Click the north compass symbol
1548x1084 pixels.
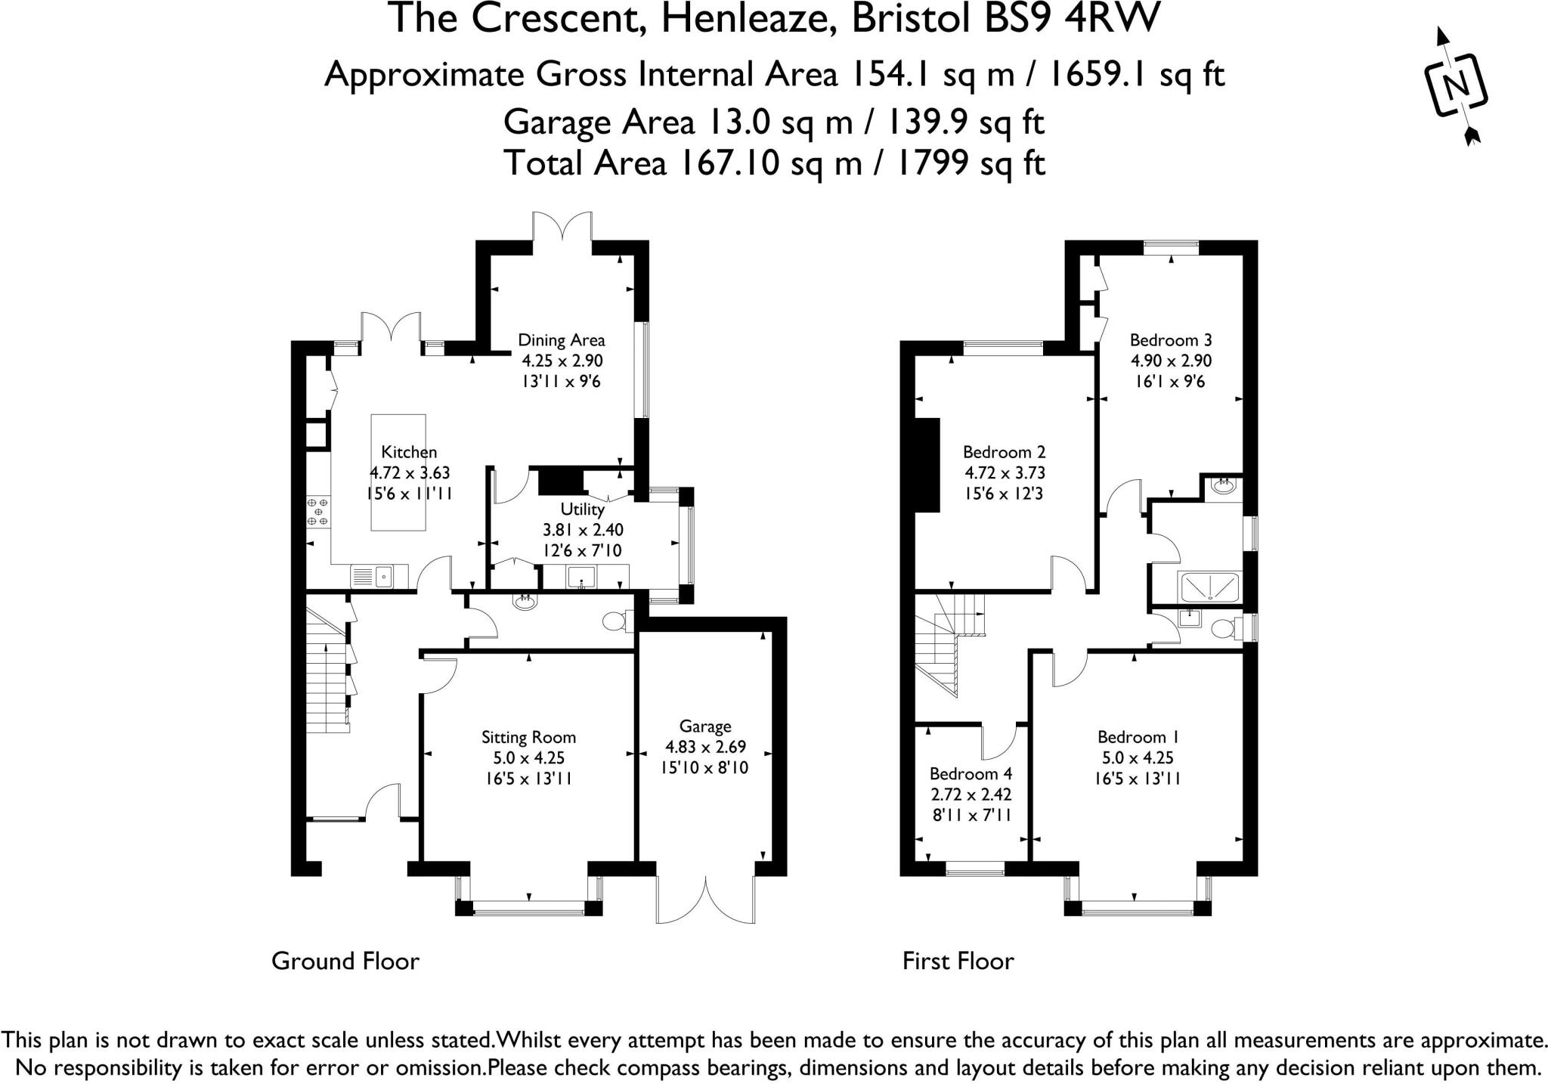click(x=1456, y=86)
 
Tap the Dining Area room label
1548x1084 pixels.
click(x=561, y=340)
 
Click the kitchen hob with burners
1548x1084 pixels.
click(x=317, y=512)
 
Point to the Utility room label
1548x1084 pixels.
click(x=582, y=509)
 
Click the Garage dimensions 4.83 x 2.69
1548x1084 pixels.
click(x=705, y=747)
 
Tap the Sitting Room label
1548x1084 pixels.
click(x=529, y=737)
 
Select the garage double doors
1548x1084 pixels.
click(x=706, y=900)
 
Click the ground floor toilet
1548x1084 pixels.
click(x=617, y=621)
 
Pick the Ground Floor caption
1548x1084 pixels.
click(x=345, y=961)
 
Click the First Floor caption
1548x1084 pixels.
click(x=958, y=961)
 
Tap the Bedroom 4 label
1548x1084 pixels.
click(x=971, y=774)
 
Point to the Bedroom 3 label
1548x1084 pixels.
click(x=1171, y=340)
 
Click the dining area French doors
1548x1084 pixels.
click(x=562, y=227)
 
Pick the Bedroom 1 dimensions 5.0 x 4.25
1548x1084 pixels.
click(x=1138, y=757)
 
